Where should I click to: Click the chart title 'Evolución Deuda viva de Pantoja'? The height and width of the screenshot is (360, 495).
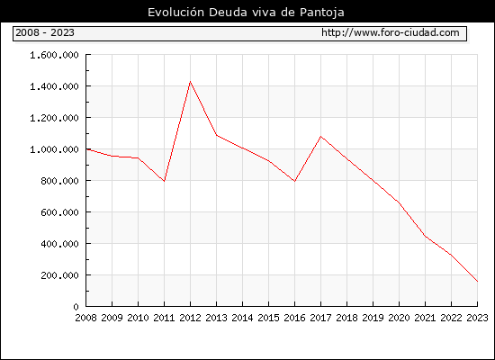click(246, 13)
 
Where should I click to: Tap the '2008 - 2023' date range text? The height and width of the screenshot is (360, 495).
click(45, 32)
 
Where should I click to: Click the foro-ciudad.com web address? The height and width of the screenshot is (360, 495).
click(391, 32)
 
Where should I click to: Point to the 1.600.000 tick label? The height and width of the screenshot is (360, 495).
click(54, 55)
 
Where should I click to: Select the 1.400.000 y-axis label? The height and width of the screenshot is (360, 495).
click(54, 86)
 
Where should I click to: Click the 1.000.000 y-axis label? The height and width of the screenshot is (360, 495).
click(54, 149)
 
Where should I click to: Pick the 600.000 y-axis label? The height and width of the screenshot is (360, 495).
click(59, 212)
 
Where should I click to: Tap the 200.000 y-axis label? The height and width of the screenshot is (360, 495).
click(59, 275)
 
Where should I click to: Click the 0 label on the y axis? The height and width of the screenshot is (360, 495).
click(76, 307)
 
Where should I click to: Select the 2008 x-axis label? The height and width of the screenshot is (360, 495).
click(85, 318)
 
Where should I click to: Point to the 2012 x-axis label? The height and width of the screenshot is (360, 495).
click(191, 318)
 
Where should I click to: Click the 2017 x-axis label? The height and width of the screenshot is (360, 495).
click(320, 318)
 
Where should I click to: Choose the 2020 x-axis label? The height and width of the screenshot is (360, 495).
click(399, 318)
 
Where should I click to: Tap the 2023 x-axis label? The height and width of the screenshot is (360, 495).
click(477, 318)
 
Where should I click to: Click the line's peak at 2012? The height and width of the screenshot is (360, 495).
click(191, 82)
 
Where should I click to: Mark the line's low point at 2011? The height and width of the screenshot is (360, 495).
click(164, 181)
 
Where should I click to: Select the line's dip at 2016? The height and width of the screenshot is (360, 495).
click(294, 181)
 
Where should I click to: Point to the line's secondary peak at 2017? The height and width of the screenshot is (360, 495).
click(320, 137)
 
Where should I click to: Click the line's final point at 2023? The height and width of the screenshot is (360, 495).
click(477, 281)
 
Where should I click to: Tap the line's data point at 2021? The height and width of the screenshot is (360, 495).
click(425, 236)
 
